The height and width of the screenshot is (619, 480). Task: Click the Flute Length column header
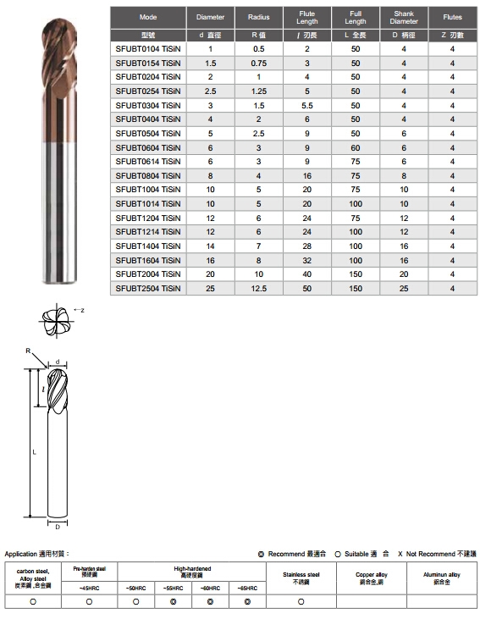coord(306,18)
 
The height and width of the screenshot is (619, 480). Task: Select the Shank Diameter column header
coord(404,18)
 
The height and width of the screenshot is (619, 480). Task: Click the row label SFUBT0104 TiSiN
coord(148,49)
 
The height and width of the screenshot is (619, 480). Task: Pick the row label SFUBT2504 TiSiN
coord(148,289)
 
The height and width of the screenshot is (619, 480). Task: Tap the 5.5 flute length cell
coord(306,105)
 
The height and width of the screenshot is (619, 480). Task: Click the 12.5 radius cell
coord(258,289)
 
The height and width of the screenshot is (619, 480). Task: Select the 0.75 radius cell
coord(258,64)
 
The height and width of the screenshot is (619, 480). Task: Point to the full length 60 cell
coord(356,147)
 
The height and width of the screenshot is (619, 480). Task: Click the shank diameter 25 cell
coord(404,289)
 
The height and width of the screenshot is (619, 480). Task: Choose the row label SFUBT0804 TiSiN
coord(148,175)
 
